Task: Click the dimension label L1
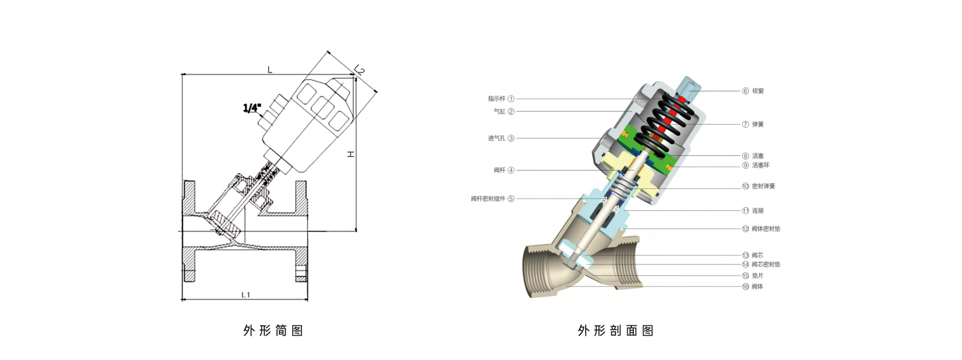tap(245, 295)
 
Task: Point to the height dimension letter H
tap(351, 154)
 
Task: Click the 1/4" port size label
tap(252, 108)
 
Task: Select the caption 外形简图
tap(273, 331)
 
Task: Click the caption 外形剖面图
tap(616, 331)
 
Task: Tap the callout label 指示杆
tap(496, 99)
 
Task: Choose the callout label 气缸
tap(499, 111)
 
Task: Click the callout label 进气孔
tap(496, 138)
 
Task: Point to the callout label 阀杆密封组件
tap(488, 199)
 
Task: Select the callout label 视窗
tap(757, 91)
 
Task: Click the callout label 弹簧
tap(757, 124)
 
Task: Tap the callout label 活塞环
tap(760, 165)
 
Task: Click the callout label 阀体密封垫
tap(765, 229)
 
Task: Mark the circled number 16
tap(745, 286)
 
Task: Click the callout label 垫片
tap(757, 276)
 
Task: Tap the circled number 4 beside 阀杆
tap(511, 171)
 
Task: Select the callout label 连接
tap(757, 211)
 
